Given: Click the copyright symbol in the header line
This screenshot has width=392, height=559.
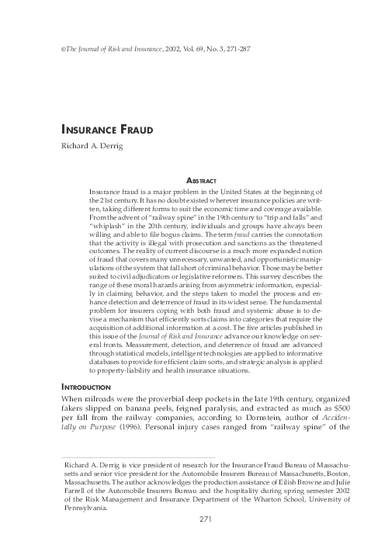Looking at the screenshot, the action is coord(53,48).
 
